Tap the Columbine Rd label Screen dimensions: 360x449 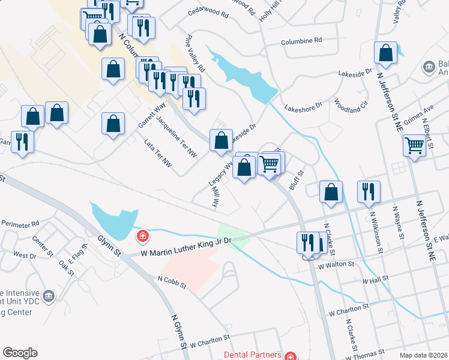pos(302,40)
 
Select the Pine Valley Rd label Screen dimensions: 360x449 pos(196,53)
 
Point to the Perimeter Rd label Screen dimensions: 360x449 pos(20,225)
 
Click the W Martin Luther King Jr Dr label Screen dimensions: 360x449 pos(186,248)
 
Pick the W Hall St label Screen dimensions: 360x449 pos(376,280)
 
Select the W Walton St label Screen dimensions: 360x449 pos(334,265)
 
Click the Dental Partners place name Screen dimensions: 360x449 pos(252,354)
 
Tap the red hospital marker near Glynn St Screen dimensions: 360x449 pos(142,236)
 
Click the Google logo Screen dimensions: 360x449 pos(20,353)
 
